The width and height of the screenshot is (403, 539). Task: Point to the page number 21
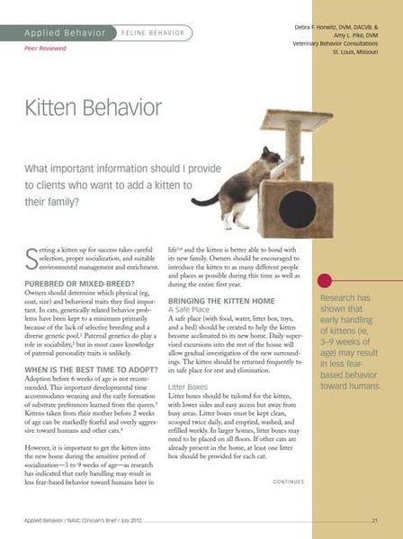tap(373, 520)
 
